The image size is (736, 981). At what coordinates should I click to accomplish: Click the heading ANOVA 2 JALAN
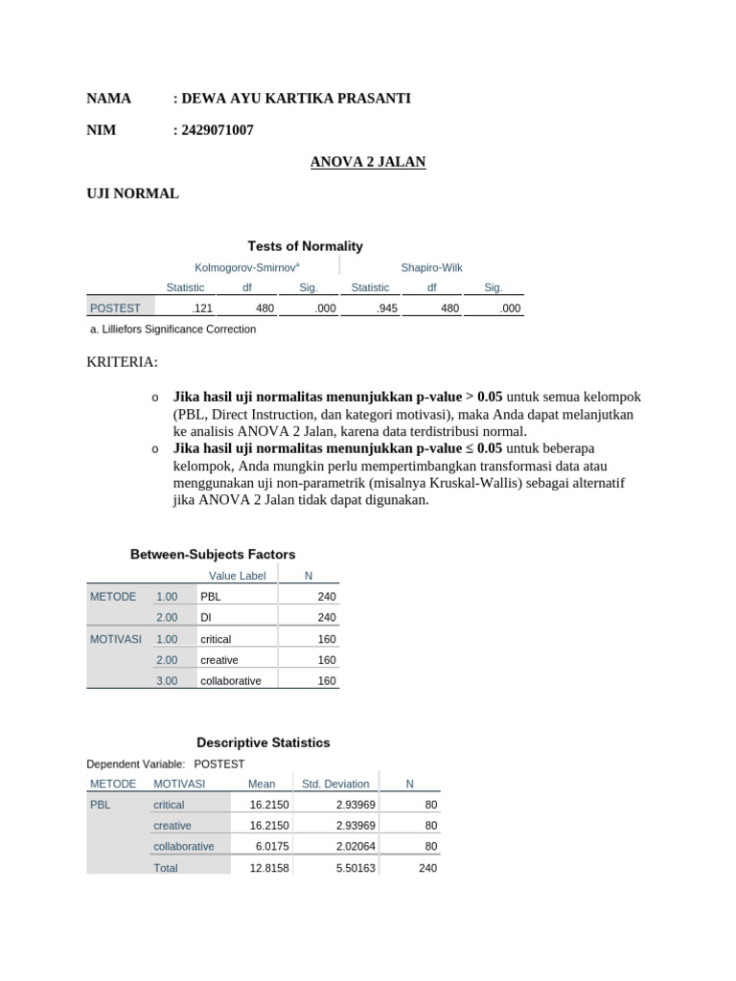368,162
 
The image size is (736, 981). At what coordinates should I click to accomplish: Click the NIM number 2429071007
217,130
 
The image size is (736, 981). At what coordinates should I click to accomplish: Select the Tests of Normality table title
306,246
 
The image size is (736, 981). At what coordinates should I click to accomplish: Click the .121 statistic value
201,308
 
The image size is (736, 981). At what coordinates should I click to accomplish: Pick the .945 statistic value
387,308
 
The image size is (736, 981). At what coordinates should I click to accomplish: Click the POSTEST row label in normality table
115,308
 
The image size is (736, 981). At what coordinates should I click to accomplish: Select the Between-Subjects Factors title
213,555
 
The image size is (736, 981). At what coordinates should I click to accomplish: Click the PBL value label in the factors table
211,597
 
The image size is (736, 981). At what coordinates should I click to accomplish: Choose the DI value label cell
206,618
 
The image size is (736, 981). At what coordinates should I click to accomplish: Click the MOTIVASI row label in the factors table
116,639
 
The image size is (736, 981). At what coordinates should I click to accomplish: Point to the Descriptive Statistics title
264,742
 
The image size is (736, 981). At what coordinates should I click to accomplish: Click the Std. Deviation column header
335,784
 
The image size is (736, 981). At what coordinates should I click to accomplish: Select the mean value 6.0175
268,847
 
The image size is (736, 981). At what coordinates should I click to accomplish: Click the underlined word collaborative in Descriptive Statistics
184,847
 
